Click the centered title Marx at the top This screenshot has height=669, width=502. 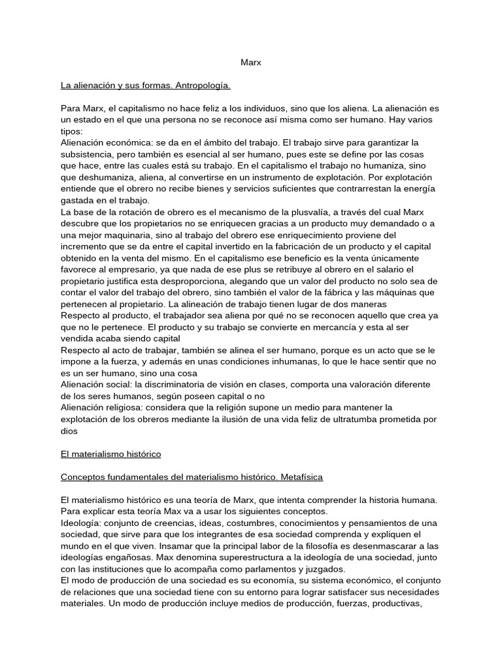tap(250, 63)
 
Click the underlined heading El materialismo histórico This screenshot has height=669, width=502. tap(110, 453)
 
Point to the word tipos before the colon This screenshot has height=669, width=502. tap(72, 131)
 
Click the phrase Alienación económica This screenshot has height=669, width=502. tap(101, 142)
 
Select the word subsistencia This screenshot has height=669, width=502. tap(89, 154)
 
